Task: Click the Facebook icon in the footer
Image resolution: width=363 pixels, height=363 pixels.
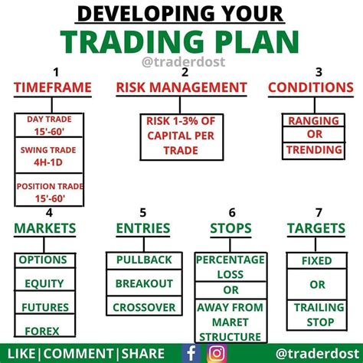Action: tap(191, 353)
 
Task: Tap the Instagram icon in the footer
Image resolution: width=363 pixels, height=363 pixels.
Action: tap(217, 353)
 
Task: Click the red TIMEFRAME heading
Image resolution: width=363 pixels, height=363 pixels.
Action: tap(53, 87)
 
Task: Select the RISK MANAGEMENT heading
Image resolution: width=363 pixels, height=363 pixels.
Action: tap(181, 87)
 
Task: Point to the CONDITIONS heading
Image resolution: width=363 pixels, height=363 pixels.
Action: tap(311, 87)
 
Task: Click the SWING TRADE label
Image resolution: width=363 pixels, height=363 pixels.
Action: tap(48, 150)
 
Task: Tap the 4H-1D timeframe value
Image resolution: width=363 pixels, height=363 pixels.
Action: tap(48, 162)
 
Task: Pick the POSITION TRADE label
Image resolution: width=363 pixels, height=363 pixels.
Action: tap(50, 186)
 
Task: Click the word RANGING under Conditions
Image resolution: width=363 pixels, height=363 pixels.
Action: tap(313, 121)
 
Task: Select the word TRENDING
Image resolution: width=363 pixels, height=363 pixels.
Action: tap(314, 149)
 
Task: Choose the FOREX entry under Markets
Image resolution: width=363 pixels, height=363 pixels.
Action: tap(42, 332)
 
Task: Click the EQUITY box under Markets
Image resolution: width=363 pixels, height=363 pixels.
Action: tap(44, 280)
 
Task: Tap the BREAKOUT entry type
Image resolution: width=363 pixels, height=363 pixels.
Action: tap(144, 283)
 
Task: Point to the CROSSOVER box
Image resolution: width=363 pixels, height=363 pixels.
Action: tap(144, 306)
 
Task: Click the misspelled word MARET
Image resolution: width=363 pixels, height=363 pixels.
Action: tap(231, 322)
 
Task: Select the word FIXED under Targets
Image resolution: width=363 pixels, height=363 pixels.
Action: tap(317, 260)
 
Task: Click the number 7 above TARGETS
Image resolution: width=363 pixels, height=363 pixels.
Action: tap(319, 212)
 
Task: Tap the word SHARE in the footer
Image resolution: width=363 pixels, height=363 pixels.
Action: tap(142, 354)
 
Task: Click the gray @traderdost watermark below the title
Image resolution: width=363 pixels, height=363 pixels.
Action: tap(184, 62)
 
